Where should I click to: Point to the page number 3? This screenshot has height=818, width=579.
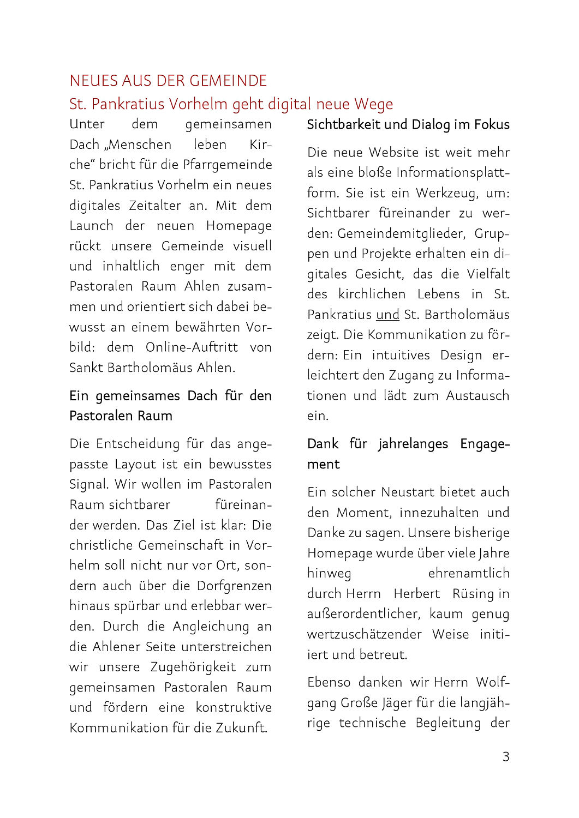click(x=505, y=756)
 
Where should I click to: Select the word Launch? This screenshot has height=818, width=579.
click(x=91, y=226)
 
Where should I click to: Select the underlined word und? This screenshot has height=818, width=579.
click(x=387, y=315)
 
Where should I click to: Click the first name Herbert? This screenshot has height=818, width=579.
click(x=416, y=593)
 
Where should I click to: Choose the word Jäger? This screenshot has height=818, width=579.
click(x=393, y=702)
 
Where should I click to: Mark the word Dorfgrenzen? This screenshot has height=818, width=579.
click(x=234, y=586)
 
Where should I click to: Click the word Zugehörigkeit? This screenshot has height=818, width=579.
click(x=193, y=667)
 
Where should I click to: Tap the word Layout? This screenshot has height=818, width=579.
click(x=135, y=464)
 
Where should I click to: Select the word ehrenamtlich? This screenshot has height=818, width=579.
click(x=468, y=573)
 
